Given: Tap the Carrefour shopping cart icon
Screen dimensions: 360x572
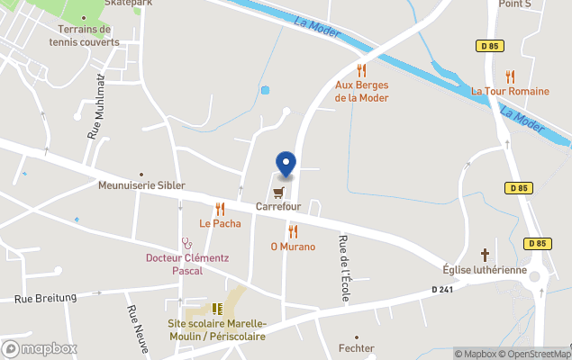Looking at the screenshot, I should tap(277, 192).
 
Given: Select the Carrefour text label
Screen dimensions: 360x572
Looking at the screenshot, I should tap(277, 207).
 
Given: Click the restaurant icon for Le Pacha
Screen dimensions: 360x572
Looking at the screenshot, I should tap(220, 209).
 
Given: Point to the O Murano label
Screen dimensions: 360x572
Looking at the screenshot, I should tap(293, 247).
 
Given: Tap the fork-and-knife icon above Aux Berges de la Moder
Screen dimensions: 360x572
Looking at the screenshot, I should tap(361, 69).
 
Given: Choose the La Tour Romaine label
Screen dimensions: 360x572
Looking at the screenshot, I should tap(510, 91).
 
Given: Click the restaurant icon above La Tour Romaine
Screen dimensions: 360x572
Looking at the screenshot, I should tap(510, 76).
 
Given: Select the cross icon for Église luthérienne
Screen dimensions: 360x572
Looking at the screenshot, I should tap(485, 255).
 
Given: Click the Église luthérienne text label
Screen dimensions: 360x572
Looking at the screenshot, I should tap(485, 270).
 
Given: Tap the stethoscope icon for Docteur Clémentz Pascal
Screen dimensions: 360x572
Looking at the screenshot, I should tap(186, 242).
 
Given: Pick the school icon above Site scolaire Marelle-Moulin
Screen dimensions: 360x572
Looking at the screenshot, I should tap(216, 309).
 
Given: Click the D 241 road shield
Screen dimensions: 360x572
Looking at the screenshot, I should tap(441, 289).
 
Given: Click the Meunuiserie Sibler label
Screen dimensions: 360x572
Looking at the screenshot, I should tap(141, 185).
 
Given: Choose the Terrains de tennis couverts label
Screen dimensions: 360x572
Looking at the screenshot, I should tap(84, 35).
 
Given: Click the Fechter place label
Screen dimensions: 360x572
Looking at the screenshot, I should tap(356, 347).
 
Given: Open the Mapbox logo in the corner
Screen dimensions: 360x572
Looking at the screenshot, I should tap(40, 349).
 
